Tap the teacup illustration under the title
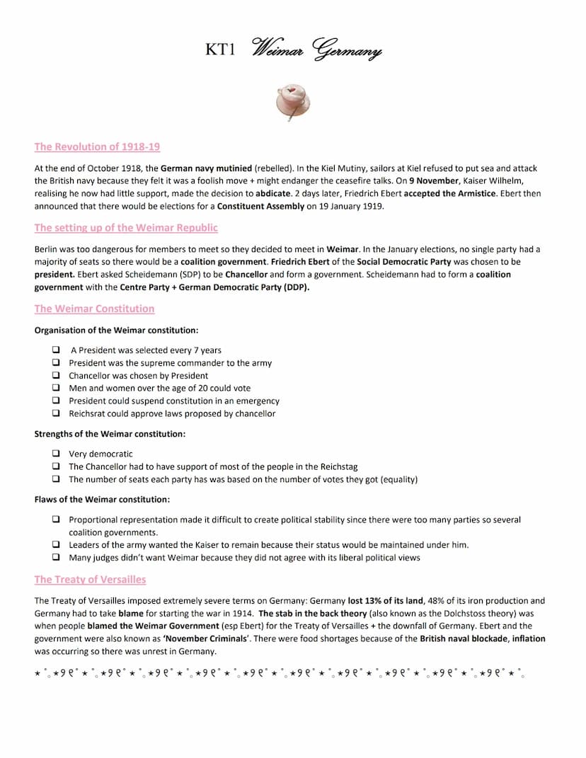tap(294, 101)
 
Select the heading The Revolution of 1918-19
tap(97, 147)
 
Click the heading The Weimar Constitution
tap(94, 309)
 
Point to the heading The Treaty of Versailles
tap(90, 580)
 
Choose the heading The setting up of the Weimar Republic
tap(126, 228)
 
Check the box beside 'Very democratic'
tap(55, 454)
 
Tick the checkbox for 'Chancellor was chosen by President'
tap(55, 376)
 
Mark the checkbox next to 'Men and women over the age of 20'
tap(55, 389)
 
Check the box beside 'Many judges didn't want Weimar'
tap(55, 558)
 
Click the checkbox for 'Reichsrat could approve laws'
tap(55, 414)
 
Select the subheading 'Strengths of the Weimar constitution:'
tap(110, 434)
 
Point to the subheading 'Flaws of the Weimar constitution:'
tap(102, 500)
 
